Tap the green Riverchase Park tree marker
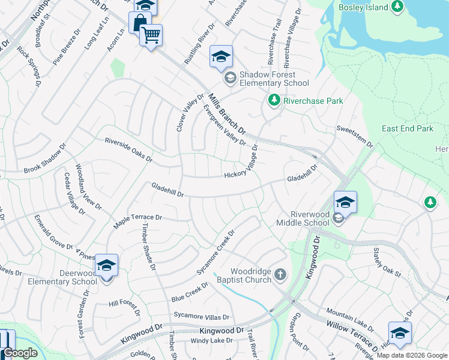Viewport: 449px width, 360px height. click(274, 100)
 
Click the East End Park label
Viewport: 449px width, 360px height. click(407, 128)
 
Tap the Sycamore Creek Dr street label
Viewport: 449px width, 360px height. click(215, 252)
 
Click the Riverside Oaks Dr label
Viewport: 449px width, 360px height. click(128, 149)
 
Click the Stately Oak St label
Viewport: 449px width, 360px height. click(386, 262)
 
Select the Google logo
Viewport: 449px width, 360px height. click(20, 353)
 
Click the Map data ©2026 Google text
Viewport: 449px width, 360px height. click(412, 355)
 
